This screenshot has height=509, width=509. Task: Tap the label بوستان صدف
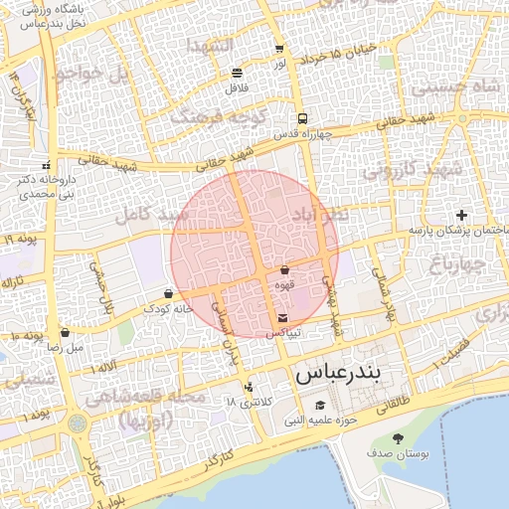point(398,454)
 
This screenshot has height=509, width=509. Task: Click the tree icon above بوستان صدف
point(399,438)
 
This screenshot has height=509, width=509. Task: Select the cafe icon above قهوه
point(285,269)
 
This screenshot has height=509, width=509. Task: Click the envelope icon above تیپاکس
point(283,318)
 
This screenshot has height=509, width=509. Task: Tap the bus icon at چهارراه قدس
point(302,118)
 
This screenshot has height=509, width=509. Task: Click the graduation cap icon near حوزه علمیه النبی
point(320,405)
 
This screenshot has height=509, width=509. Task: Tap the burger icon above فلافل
point(237,73)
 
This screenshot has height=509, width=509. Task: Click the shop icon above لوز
point(279,48)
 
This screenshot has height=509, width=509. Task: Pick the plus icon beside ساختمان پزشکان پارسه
point(461,215)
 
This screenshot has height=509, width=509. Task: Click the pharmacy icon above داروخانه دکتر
point(47,165)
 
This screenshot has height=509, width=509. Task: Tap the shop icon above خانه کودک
point(167,293)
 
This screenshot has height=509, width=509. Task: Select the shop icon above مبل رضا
point(65,332)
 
